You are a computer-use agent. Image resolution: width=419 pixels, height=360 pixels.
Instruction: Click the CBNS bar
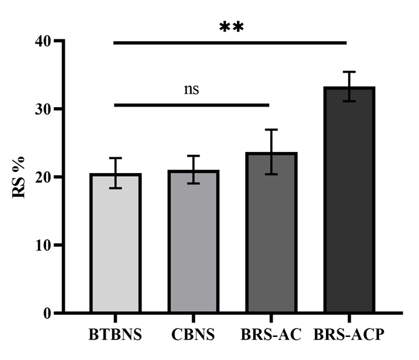[x=193, y=242]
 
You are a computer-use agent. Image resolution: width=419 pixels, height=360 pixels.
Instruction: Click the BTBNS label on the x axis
[x=115, y=335]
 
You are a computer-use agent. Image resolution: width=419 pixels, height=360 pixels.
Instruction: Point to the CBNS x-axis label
[x=193, y=335]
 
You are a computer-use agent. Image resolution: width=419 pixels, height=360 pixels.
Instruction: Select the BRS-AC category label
[x=270, y=335]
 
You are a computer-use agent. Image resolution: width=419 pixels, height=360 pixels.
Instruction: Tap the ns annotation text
[x=192, y=90]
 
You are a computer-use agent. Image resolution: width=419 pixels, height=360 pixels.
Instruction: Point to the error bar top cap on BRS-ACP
[x=348, y=72]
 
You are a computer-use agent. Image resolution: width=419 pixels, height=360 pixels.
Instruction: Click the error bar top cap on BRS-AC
[x=270, y=129]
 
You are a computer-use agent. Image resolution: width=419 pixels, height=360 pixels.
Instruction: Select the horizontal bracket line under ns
[x=192, y=105]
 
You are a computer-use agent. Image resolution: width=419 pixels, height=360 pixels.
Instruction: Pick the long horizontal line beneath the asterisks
[x=230, y=43]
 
